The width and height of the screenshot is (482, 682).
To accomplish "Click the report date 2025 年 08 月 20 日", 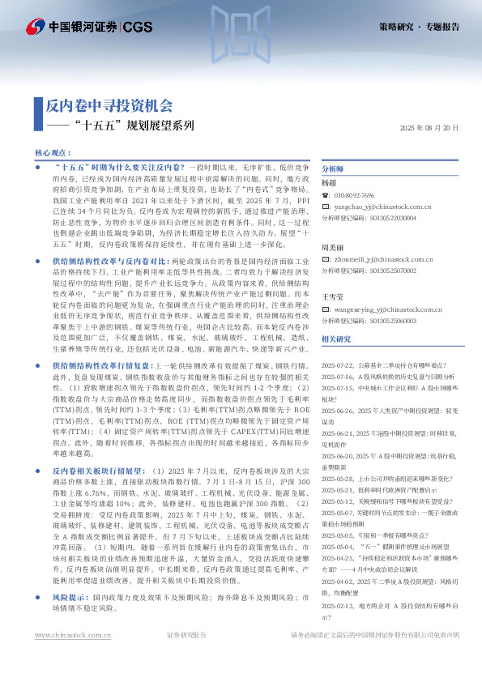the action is [430, 129].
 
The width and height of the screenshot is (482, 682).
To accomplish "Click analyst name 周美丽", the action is [333, 246].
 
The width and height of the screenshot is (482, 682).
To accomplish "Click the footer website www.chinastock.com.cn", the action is [73, 658].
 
